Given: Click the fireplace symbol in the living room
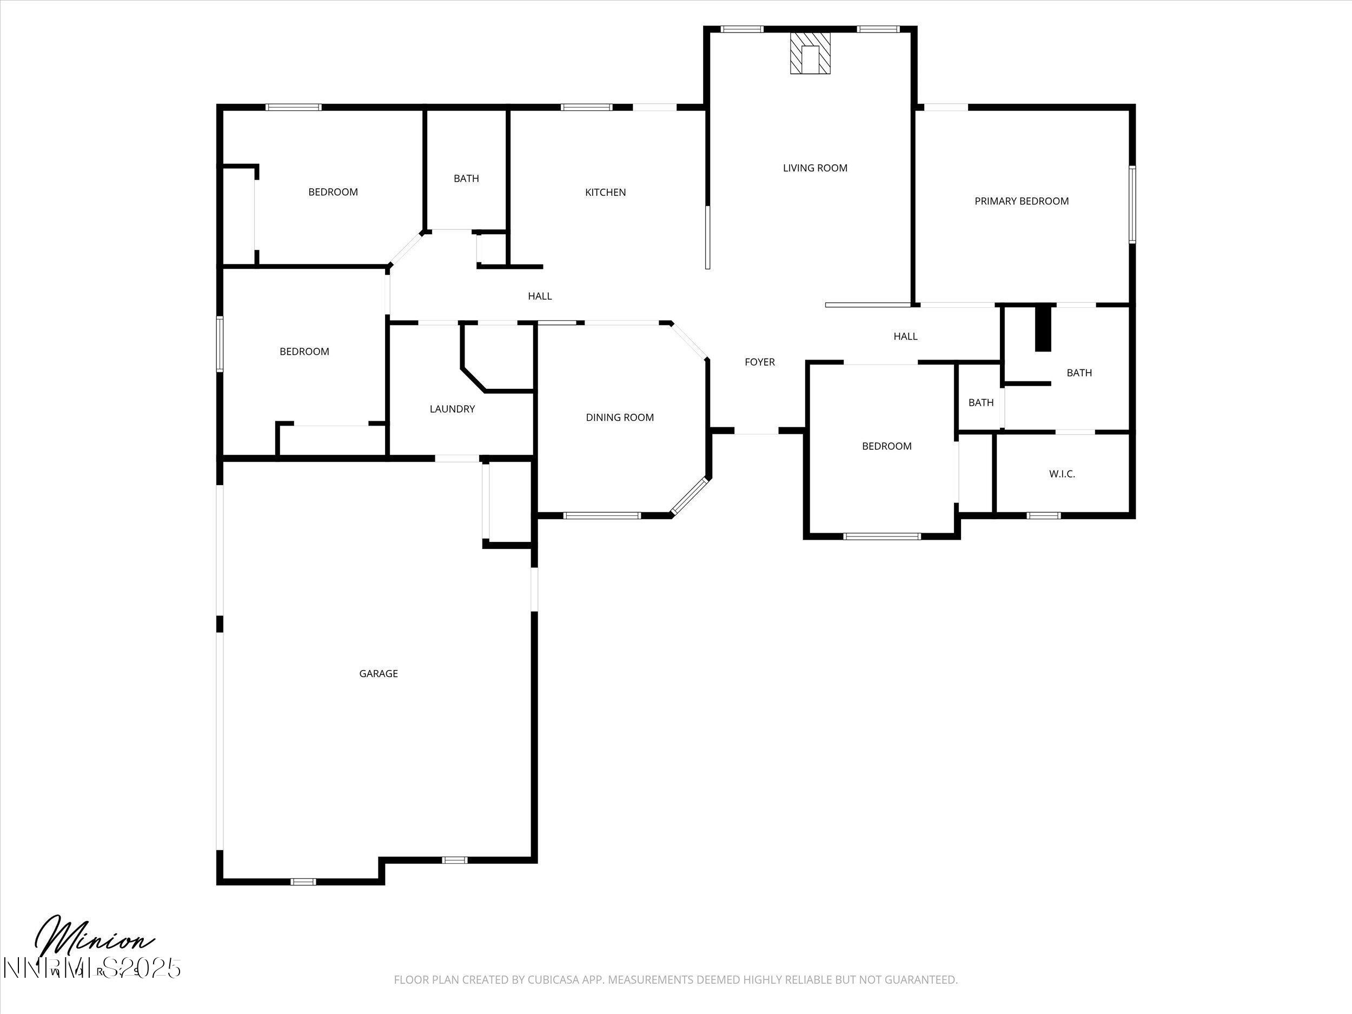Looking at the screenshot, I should click(x=811, y=53).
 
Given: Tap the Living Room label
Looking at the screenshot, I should click(x=815, y=168).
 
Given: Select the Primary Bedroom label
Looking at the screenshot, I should click(x=1022, y=201).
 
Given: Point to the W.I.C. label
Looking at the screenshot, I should click(x=1062, y=474).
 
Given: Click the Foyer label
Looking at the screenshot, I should click(x=759, y=362).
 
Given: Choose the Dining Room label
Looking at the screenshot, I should click(x=619, y=417).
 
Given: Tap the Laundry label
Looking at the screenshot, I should click(x=452, y=409).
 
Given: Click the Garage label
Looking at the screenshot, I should click(x=379, y=673).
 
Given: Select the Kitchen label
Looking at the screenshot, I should click(x=605, y=193).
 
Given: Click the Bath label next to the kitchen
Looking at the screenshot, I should click(x=466, y=178).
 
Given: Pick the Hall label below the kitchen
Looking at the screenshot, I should click(x=540, y=296).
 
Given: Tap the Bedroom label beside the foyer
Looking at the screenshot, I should click(x=886, y=446).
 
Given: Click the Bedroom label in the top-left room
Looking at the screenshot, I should click(x=333, y=192).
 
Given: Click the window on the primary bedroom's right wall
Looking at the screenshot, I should click(x=1131, y=205).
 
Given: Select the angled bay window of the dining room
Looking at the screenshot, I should click(x=690, y=496).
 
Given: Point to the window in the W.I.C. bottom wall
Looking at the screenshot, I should click(x=1043, y=515).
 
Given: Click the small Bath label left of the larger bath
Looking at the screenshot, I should click(x=980, y=403).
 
